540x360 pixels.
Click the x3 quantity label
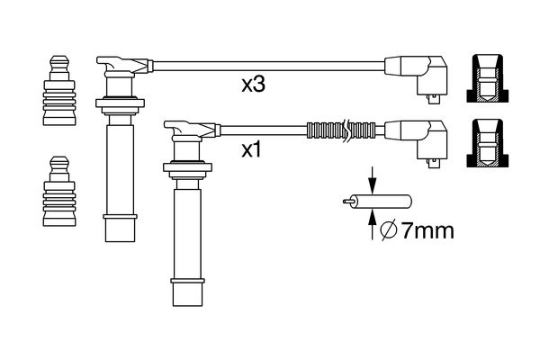255,86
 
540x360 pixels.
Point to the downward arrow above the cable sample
371,177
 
